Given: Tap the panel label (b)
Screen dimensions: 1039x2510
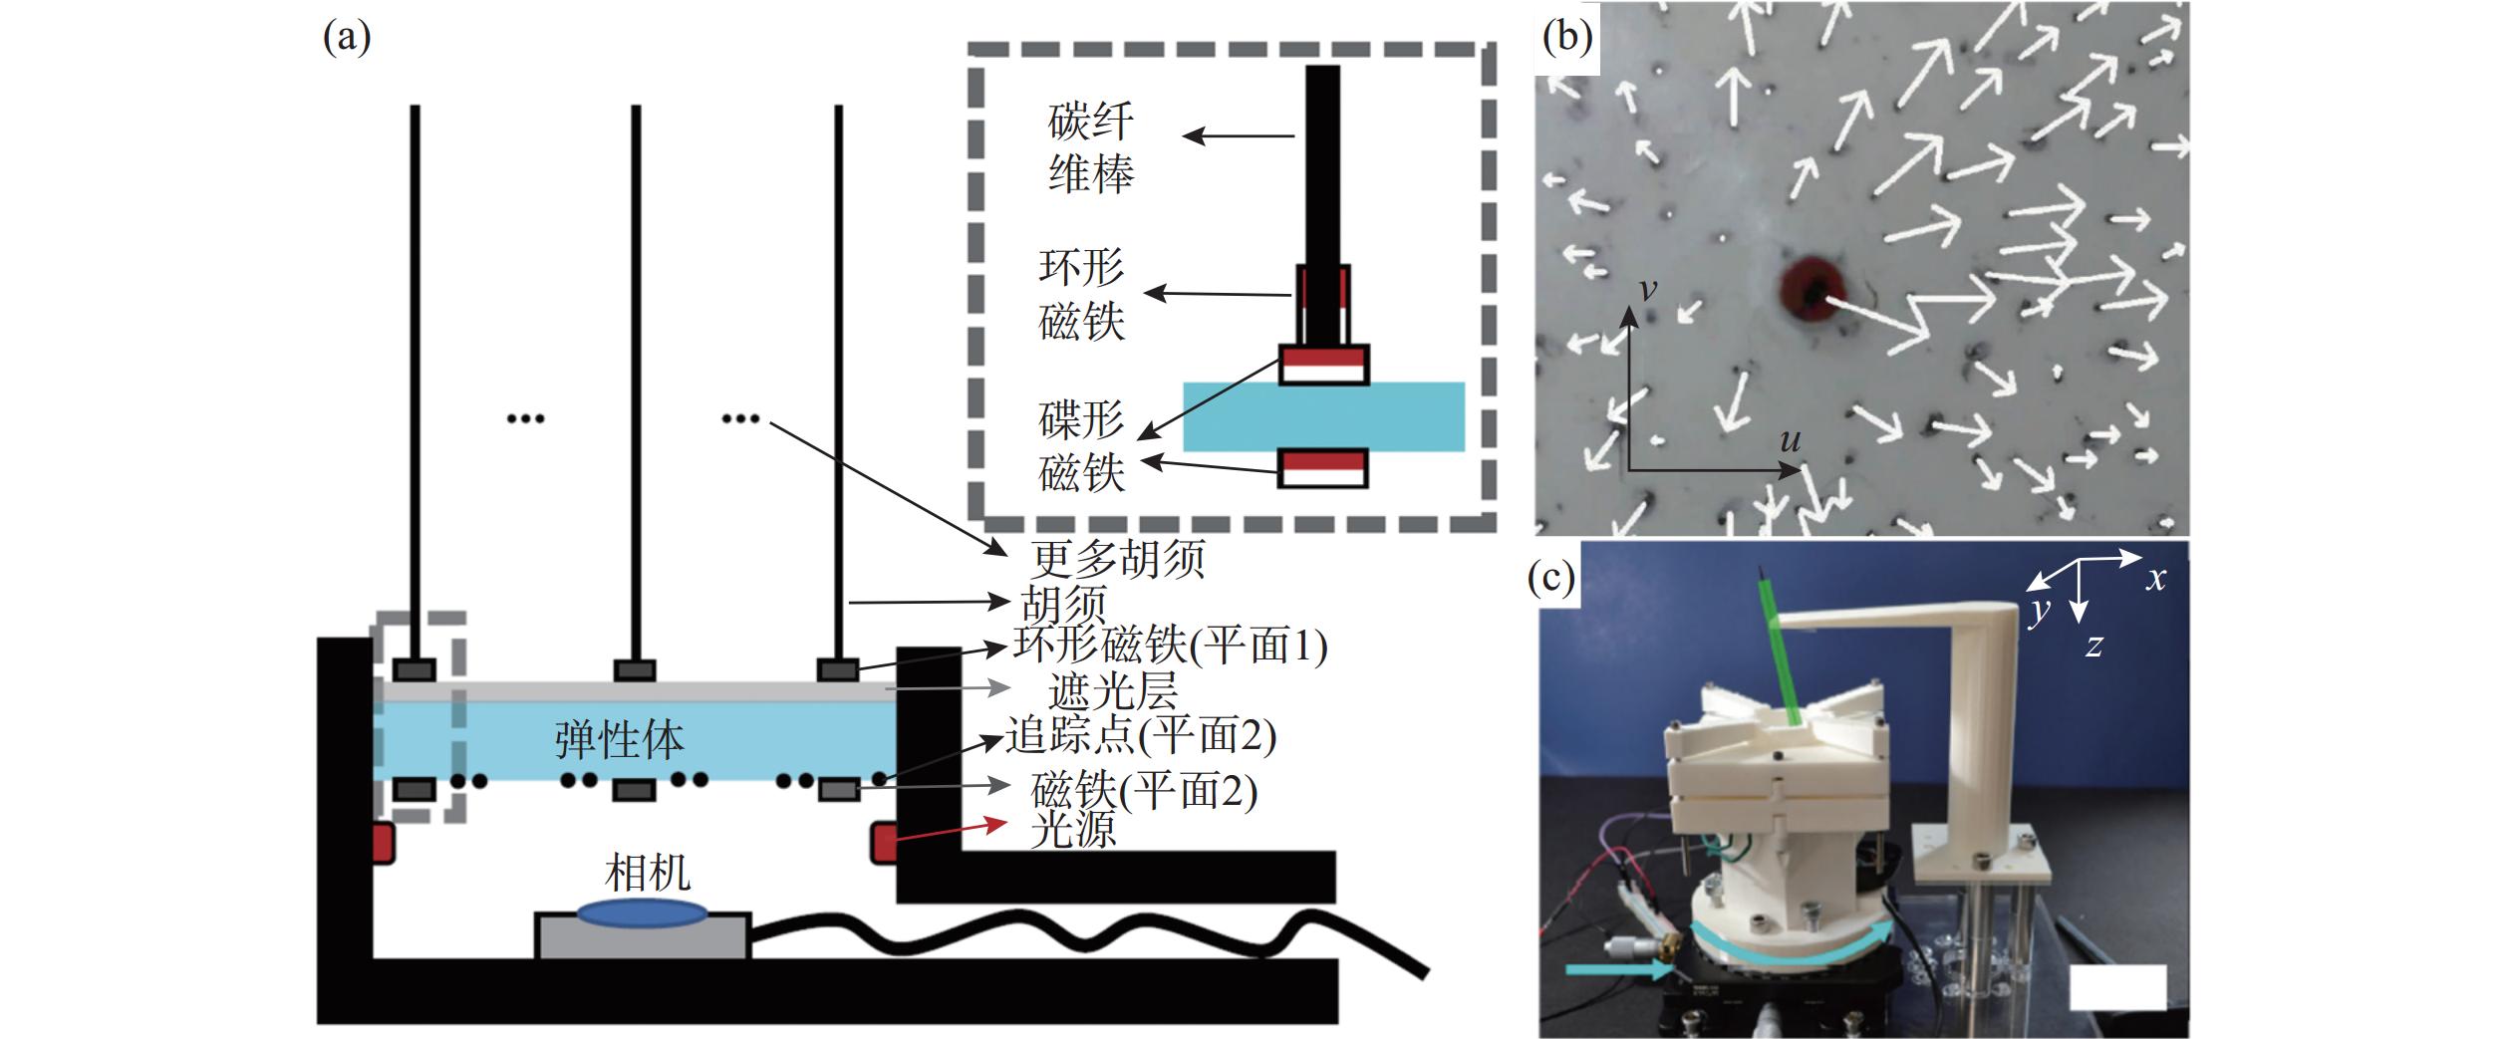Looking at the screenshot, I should pyautogui.click(x=1567, y=37).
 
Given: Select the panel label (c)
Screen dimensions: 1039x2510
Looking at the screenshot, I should pyautogui.click(x=1551, y=578).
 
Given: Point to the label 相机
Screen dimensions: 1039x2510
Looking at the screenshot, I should pyautogui.click(x=648, y=874).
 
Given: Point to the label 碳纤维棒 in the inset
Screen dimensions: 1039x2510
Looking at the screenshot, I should pyautogui.click(x=1091, y=148).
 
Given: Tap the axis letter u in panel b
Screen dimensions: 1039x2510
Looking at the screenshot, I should pyautogui.click(x=1791, y=440).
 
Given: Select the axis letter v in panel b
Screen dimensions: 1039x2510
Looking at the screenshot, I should pyautogui.click(x=1648, y=289).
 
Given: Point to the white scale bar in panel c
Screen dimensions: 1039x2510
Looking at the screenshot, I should pyautogui.click(x=2117, y=986).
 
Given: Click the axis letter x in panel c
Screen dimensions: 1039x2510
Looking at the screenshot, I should pyautogui.click(x=2156, y=579).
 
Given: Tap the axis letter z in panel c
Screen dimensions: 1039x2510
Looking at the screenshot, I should pyautogui.click(x=2094, y=646).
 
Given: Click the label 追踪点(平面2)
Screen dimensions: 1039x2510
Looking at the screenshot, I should pyautogui.click(x=1140, y=736).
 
